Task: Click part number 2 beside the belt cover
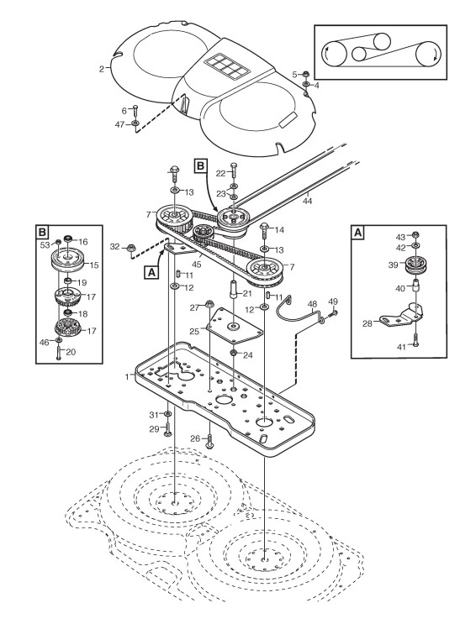point(102,69)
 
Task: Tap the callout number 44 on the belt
point(307,201)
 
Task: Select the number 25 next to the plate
point(194,331)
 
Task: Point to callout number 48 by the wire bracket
point(312,305)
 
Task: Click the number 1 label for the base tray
point(127,376)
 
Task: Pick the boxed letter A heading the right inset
point(358,232)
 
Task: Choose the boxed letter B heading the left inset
point(42,232)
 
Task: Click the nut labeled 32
point(130,248)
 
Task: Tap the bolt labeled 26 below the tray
point(209,440)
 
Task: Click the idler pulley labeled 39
point(415,265)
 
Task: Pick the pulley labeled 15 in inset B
point(68,260)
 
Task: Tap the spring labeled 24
point(234,353)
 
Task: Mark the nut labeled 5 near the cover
point(306,73)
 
